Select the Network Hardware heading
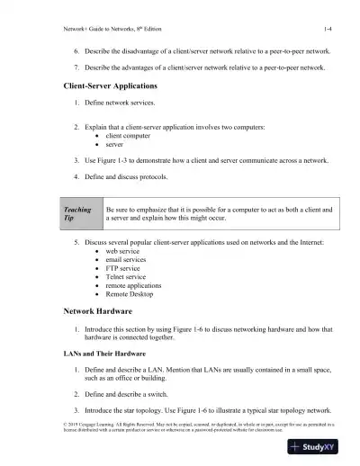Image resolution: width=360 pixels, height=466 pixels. (x=98, y=310)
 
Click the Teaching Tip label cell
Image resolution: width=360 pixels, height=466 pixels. (x=77, y=214)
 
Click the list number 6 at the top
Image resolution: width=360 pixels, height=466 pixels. (x=76, y=53)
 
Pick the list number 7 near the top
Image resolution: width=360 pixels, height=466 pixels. (x=76, y=69)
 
